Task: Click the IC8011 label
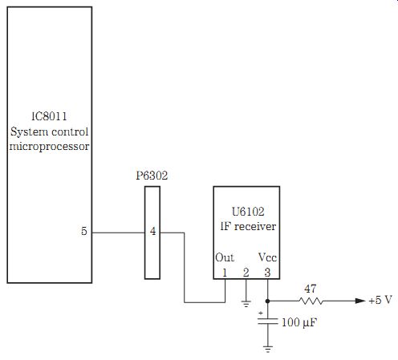point(49,116)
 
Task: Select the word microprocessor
point(49,147)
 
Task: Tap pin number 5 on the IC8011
point(84,231)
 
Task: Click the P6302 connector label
point(152,176)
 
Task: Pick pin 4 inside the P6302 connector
point(152,231)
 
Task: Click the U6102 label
point(248,212)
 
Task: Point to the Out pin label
point(225,257)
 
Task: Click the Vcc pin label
point(267,257)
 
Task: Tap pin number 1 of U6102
point(225,273)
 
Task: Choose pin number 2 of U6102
point(246,273)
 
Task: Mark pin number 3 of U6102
point(267,273)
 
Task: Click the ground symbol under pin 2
point(246,304)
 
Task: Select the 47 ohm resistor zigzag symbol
point(311,301)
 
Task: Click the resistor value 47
point(311,289)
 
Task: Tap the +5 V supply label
point(380,300)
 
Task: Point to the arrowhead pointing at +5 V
point(360,301)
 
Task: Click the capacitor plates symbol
point(268,322)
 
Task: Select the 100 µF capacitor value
point(299,322)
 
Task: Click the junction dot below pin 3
point(267,301)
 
